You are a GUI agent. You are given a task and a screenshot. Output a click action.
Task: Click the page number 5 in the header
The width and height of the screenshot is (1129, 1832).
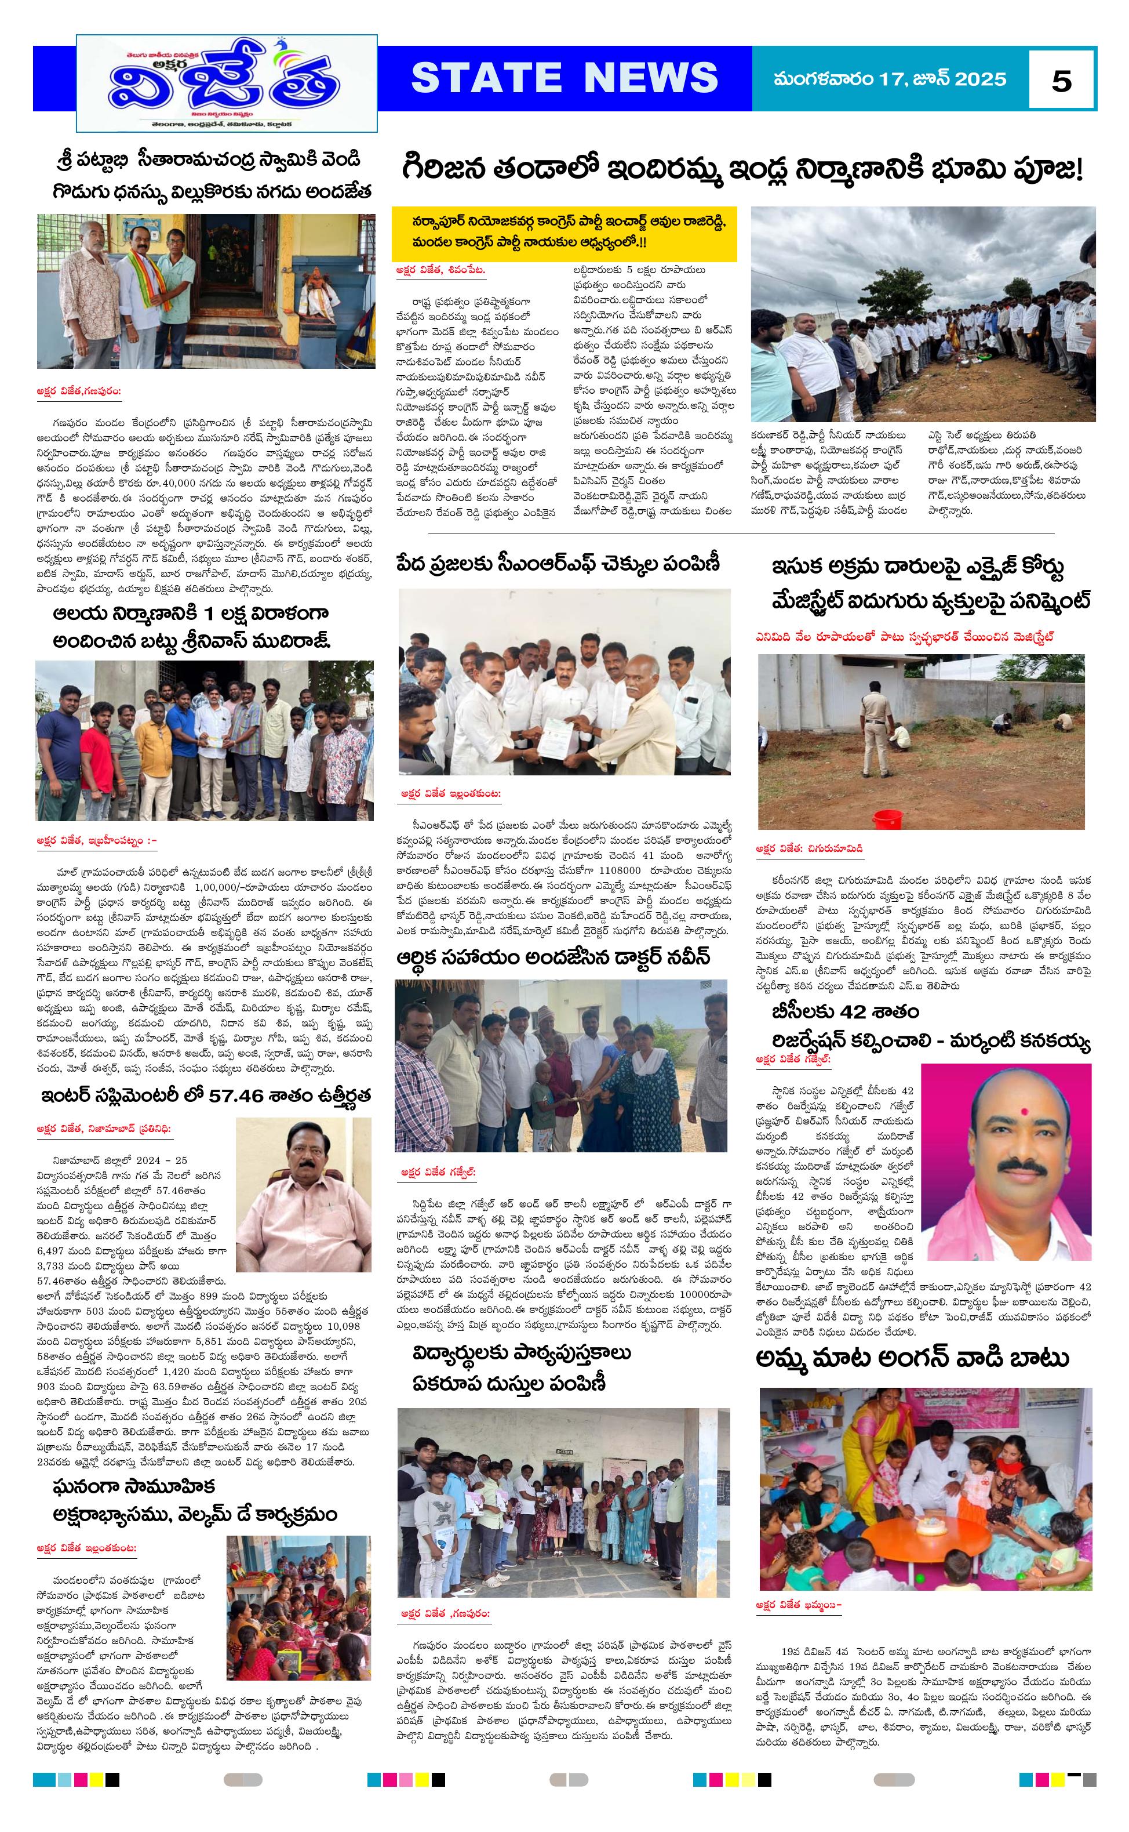point(1061,80)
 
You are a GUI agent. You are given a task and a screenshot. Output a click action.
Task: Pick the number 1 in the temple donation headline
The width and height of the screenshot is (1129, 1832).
point(209,614)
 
